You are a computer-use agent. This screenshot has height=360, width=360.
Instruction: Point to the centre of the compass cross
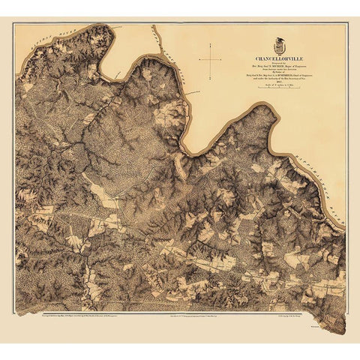[211, 58]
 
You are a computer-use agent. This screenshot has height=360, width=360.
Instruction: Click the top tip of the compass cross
[211, 43]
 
